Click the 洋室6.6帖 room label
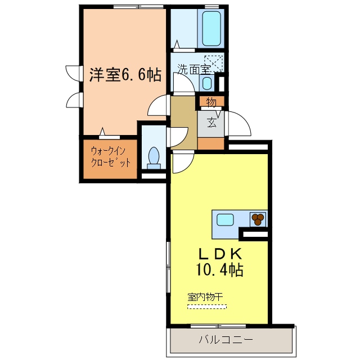(x=125, y=75)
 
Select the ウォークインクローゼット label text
(x=111, y=157)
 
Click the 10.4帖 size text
(x=219, y=270)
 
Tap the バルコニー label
(x=226, y=340)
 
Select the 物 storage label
(x=211, y=102)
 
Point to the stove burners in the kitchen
(x=258, y=218)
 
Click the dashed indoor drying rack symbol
(x=206, y=307)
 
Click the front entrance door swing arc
(x=239, y=123)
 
